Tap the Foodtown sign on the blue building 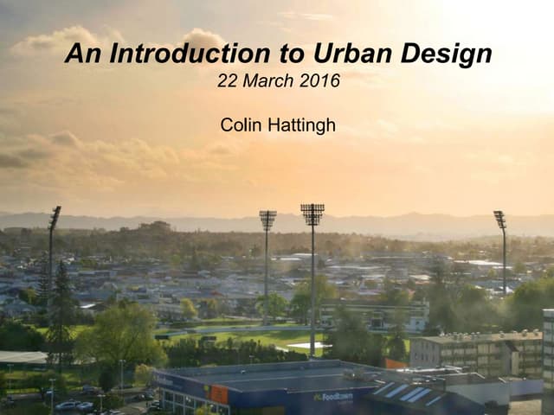coord(332,397)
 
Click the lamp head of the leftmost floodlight coord(55,215)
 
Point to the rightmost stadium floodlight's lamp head coord(499,219)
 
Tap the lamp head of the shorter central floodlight coord(267,220)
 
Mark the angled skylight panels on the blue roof coord(407,393)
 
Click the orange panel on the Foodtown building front coord(219,394)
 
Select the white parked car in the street coord(68,405)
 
